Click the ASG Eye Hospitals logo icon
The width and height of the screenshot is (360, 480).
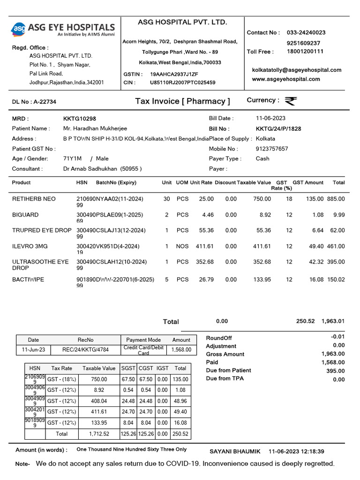(x=19, y=30)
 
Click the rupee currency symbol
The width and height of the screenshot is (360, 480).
(x=291, y=101)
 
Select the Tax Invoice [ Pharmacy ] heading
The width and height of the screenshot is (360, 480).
(x=182, y=101)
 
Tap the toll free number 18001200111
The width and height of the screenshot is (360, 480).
(x=305, y=52)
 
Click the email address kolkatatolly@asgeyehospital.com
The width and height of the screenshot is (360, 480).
(x=297, y=70)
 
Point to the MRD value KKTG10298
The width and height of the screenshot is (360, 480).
(x=80, y=119)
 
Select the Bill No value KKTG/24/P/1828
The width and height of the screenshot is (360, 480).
(x=278, y=128)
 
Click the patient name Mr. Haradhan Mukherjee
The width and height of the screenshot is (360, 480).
(x=95, y=128)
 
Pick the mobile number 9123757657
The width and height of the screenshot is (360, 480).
(x=272, y=149)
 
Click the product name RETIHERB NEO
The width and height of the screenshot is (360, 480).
(x=34, y=199)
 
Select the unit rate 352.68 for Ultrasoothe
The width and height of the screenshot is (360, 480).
(x=205, y=262)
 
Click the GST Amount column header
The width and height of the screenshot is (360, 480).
(x=308, y=182)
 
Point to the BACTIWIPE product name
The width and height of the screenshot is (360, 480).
(x=28, y=279)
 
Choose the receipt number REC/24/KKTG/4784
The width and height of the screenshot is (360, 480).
(x=86, y=349)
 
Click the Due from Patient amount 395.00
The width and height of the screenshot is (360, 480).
(x=336, y=371)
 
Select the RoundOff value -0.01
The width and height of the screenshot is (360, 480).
(x=337, y=337)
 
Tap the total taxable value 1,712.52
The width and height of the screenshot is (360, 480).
(x=99, y=434)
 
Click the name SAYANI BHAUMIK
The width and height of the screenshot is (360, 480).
(x=235, y=451)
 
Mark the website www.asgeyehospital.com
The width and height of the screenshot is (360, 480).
(x=286, y=79)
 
